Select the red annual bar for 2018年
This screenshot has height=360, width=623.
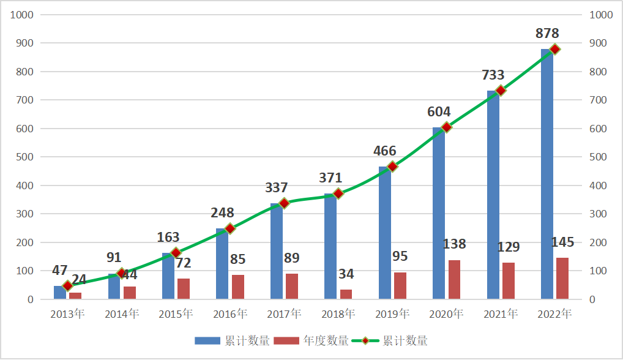pos(346,294)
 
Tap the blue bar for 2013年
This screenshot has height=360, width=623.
pos(59,293)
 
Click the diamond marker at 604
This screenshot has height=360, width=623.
pos(446,127)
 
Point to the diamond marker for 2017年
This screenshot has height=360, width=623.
pos(284,203)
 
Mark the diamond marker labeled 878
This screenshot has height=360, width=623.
pos(554,50)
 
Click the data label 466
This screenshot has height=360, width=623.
pos(384,151)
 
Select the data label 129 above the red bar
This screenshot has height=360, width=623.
pos(507,247)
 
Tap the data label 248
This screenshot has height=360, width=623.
pos(222,212)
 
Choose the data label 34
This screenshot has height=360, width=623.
pos(346,274)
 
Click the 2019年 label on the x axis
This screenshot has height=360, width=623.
pos(392,314)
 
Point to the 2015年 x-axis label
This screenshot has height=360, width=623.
pos(176,314)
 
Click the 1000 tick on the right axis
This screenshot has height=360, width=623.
pos(600,15)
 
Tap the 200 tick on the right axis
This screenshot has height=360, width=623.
pos(597,242)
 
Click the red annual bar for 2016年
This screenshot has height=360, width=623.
pos(238,287)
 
